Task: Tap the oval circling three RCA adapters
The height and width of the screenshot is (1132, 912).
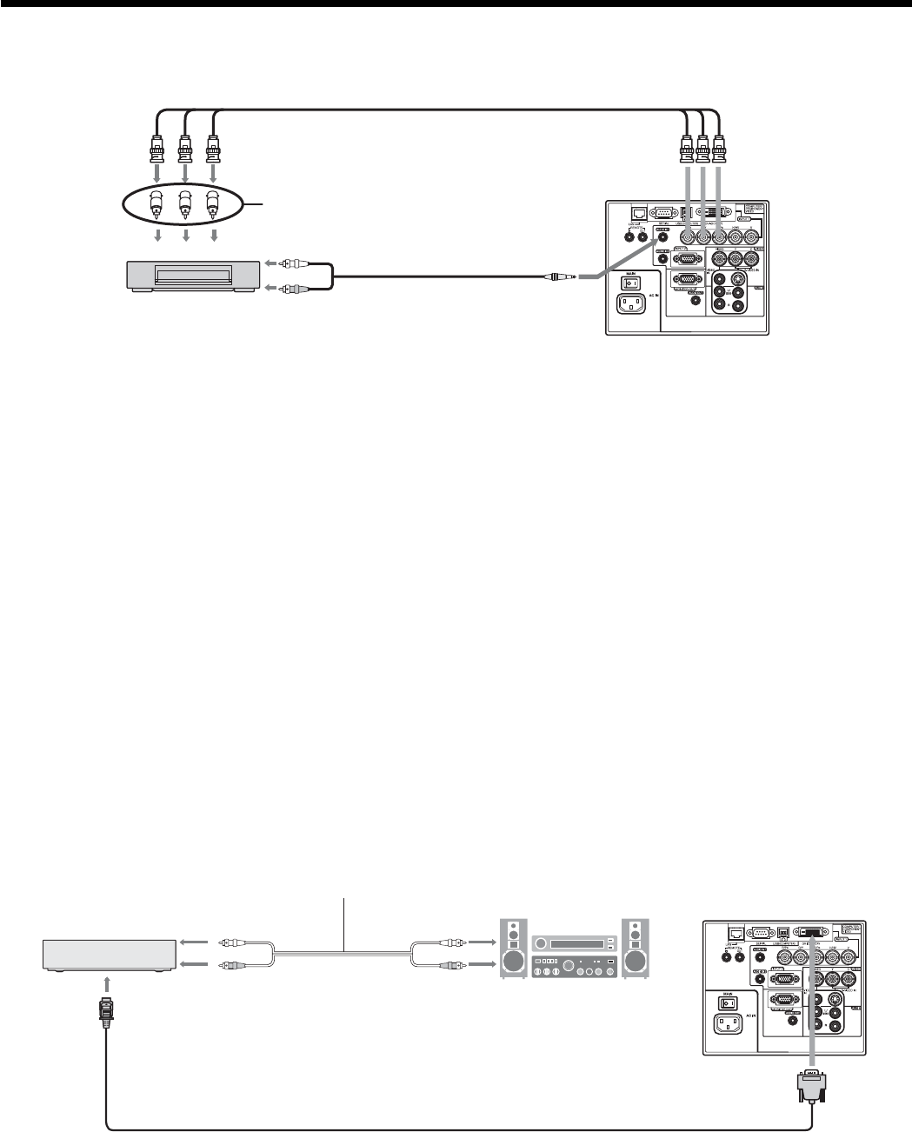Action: [x=184, y=206]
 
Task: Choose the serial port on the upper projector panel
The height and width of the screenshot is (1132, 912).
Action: [x=662, y=210]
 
